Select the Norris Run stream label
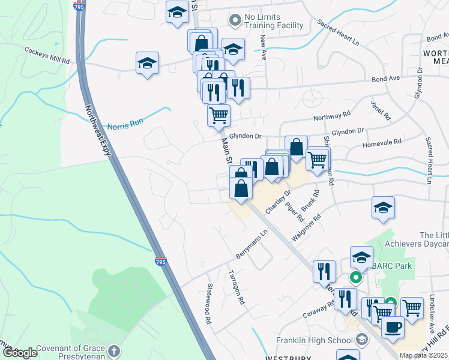click(125, 126)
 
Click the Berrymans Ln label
click(251, 245)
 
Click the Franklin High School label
click(314, 340)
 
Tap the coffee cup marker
click(393, 327)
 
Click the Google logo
click(20, 353)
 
